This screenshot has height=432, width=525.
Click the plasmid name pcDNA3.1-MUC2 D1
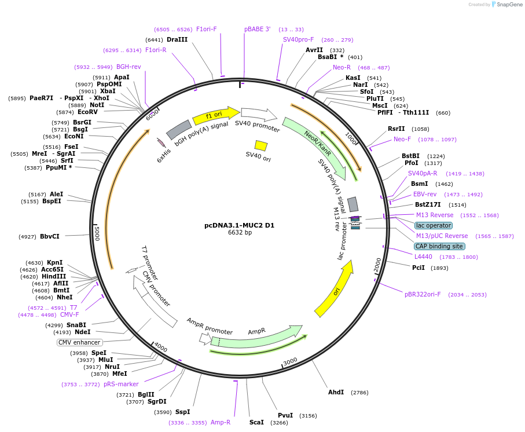(240, 225)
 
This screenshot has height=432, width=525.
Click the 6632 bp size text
(240, 233)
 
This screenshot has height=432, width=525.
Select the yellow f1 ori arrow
(215, 115)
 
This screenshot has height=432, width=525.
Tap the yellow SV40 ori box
(261, 145)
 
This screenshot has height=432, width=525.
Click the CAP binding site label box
(439, 246)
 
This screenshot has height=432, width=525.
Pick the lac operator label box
(434, 225)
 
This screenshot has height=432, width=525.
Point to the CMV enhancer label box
(79, 342)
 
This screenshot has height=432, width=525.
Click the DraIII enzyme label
(177, 40)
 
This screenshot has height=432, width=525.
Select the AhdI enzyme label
(336, 392)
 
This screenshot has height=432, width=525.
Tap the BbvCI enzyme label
(50, 236)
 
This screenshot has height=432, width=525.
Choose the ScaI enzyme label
(256, 422)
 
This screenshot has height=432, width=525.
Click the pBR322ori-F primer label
(423, 294)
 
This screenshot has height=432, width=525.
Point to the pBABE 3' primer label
(257, 29)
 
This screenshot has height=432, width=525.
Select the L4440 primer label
(423, 257)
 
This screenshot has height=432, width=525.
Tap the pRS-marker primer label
(121, 384)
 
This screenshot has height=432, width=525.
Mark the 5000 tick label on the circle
(97, 233)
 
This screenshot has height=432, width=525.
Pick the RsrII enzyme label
(396, 129)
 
